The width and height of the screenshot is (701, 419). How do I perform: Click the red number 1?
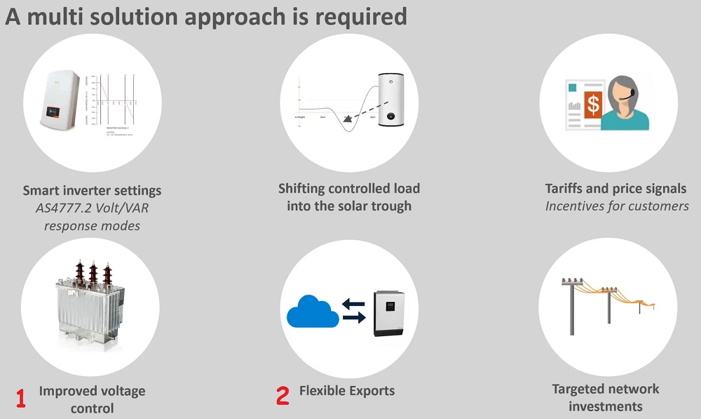(x=21, y=399)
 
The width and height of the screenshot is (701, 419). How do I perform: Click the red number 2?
(x=283, y=396)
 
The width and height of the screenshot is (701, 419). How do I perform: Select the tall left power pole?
(x=572, y=309)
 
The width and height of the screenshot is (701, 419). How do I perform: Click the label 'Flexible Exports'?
(x=347, y=391)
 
